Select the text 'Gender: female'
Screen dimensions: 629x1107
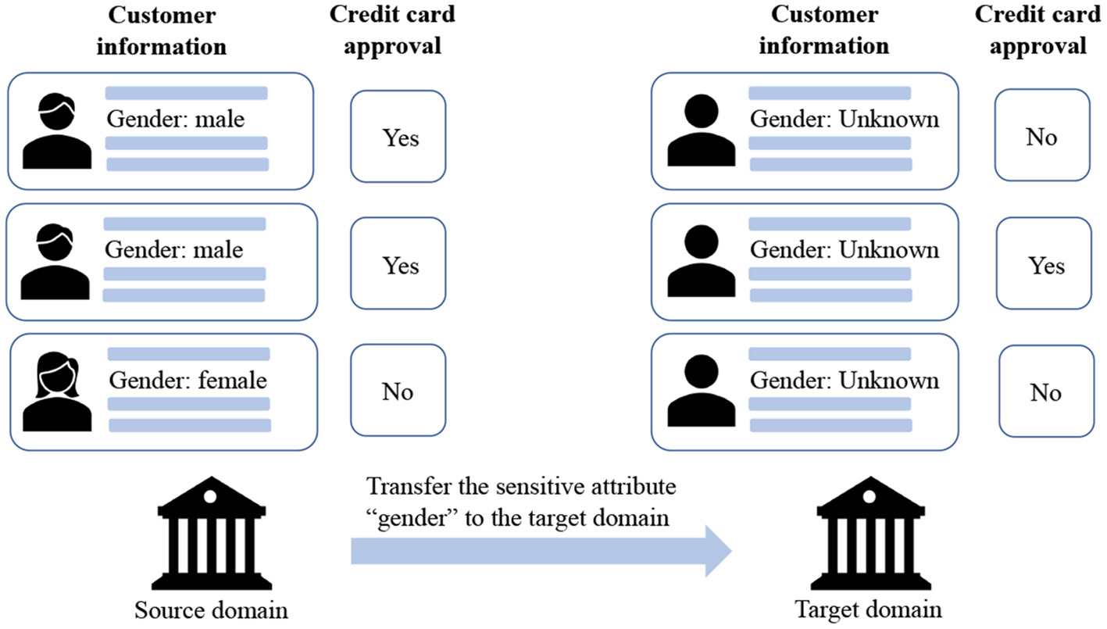[x=187, y=381]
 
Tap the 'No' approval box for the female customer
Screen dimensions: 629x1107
[x=398, y=392]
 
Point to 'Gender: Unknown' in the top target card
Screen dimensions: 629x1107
[x=845, y=120]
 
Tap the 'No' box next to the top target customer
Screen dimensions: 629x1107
[x=1041, y=138]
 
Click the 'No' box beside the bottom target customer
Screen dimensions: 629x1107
[x=1045, y=392]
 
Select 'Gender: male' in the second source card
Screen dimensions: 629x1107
[x=174, y=250]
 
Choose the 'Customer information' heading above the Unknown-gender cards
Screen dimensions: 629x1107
[x=823, y=30]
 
